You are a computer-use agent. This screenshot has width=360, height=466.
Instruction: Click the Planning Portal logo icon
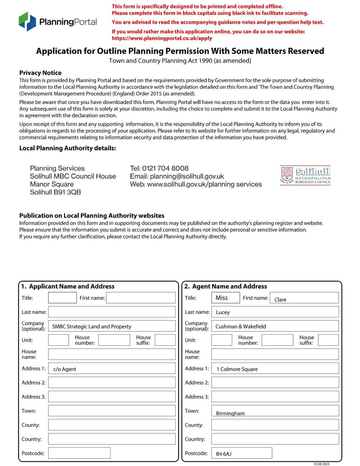[x=27, y=22]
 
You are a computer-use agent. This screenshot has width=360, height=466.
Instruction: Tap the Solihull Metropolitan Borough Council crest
[x=287, y=175]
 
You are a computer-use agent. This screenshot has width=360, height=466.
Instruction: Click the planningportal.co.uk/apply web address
[x=162, y=38]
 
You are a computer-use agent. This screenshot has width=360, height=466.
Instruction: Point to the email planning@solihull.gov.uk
[x=187, y=176]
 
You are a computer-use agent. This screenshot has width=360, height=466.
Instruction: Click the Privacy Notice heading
[x=40, y=73]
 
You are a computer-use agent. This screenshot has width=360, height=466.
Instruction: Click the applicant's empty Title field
[x=62, y=298]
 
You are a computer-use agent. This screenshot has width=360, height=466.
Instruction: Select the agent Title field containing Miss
[x=225, y=298]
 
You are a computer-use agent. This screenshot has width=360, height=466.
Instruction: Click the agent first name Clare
[x=280, y=299]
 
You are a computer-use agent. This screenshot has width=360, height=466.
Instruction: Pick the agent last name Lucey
[x=223, y=312]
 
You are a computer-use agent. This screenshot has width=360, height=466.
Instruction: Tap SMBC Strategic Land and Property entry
[x=91, y=326]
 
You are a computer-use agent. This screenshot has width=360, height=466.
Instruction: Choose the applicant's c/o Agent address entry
[x=64, y=369]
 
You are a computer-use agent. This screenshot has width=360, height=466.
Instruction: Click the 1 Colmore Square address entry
[x=237, y=369]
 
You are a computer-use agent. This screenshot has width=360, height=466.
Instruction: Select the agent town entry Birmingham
[x=230, y=413]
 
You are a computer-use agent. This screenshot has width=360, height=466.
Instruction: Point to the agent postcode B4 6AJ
[x=224, y=454]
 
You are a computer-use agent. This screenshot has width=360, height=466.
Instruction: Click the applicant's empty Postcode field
[x=79, y=453]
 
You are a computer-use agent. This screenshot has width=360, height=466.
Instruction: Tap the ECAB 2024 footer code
[x=322, y=464]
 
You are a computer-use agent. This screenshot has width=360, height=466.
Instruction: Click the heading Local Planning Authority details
[x=68, y=148]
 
